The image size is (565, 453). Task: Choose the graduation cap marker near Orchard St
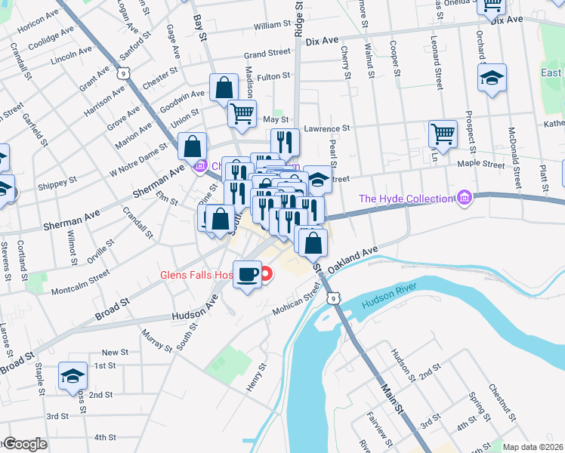coord(492,78)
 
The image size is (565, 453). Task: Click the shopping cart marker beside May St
coord(242,114)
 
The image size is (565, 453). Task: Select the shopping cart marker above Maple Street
coord(443,134)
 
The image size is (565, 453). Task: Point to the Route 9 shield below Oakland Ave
coord(333,299)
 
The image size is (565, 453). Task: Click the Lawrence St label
coord(326,129)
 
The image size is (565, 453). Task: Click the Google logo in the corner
coord(25,444)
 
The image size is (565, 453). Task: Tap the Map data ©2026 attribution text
coord(533,447)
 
